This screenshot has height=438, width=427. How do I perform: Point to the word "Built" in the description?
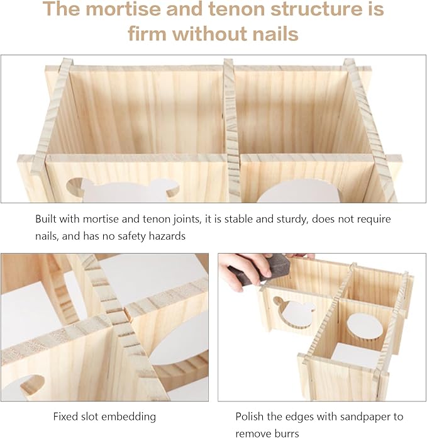[x=48, y=220]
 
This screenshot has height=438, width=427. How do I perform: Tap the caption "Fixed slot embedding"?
[x=104, y=417]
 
